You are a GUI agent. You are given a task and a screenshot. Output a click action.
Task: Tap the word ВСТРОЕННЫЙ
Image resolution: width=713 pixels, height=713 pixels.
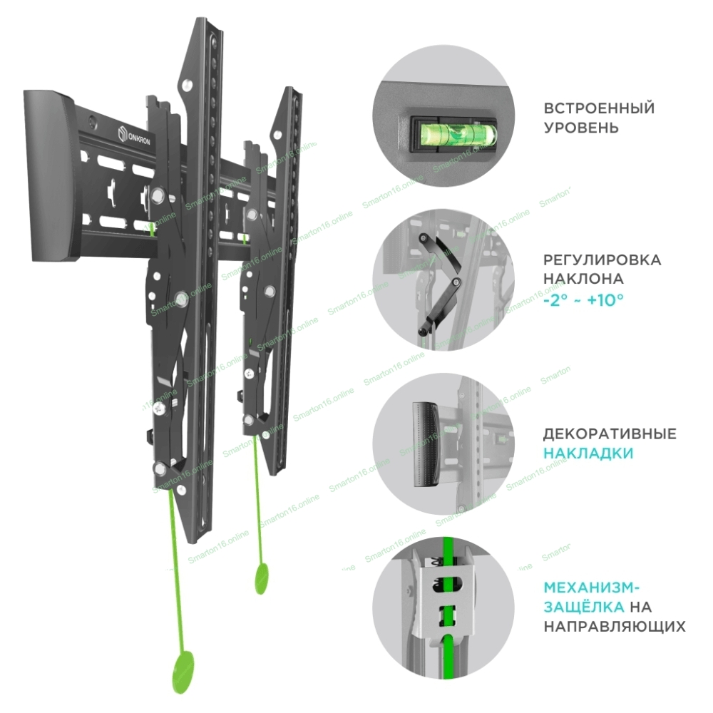[599, 108]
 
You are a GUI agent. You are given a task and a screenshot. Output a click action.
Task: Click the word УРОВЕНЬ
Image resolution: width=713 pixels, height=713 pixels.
[581, 128]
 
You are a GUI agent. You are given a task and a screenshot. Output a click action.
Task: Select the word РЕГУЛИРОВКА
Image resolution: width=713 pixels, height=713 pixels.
[602, 260]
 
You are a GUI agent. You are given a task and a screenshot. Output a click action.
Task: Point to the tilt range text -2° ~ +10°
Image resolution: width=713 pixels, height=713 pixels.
[583, 300]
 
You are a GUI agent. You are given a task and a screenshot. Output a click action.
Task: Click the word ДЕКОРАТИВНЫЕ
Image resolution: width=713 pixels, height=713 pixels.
[610, 434]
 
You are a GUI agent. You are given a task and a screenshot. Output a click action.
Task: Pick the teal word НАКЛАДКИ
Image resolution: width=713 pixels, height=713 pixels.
[588, 453]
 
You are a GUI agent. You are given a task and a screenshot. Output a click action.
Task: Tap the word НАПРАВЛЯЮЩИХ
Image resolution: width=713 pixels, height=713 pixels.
[615, 626]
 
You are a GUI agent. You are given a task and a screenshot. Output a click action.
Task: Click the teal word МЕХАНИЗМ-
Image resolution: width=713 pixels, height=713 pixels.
[592, 588]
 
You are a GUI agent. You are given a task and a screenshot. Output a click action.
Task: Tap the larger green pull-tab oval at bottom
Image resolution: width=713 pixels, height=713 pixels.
[183, 672]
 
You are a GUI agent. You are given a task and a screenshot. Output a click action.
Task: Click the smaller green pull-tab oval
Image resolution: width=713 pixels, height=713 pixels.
[262, 578]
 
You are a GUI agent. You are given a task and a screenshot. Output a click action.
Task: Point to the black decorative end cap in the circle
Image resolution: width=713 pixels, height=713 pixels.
[426, 445]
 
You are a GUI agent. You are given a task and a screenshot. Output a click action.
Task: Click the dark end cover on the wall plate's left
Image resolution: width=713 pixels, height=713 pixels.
[51, 176]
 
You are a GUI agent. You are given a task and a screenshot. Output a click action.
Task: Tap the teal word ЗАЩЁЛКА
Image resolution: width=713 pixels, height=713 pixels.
[584, 607]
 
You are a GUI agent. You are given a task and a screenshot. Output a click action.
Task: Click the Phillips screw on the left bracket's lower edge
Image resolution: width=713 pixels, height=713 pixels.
[160, 409]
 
